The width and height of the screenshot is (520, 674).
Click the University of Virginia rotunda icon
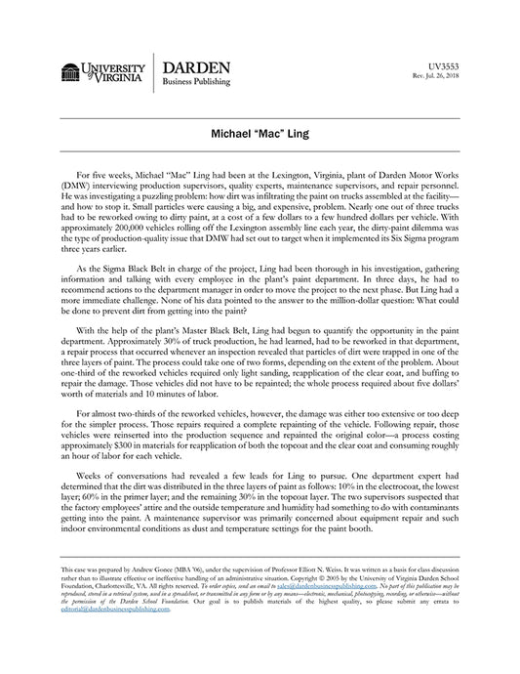tap(70, 71)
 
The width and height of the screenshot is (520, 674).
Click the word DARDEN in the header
tap(196, 67)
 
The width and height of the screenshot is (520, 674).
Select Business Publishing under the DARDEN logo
tap(201, 85)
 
